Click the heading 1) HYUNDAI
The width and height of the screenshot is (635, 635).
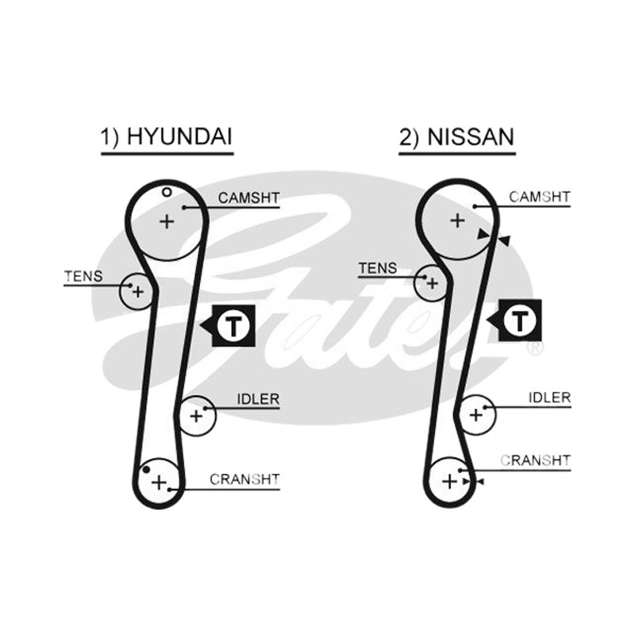167,137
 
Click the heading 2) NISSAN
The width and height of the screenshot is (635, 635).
457,137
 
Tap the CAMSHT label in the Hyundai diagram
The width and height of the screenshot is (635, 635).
248,198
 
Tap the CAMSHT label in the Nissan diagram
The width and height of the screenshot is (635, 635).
540,197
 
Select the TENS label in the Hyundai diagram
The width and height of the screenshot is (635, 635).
83,276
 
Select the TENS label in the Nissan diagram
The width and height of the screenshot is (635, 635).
378,268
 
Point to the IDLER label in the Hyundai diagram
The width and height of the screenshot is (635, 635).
258,399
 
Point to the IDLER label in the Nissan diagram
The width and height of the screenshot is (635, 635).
549,398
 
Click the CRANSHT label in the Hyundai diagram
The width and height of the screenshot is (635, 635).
244,479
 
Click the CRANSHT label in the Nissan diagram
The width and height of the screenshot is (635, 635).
535,460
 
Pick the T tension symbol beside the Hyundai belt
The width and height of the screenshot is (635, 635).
229,325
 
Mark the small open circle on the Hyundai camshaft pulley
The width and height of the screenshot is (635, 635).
167,192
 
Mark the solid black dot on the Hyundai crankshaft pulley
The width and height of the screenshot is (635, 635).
147,470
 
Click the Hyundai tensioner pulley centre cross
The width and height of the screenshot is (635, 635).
138,291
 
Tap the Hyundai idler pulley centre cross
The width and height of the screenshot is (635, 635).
196,416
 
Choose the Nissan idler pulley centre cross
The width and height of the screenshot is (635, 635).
476,414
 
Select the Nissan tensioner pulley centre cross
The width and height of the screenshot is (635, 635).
432,283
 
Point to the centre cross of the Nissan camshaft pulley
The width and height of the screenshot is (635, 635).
458,221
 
